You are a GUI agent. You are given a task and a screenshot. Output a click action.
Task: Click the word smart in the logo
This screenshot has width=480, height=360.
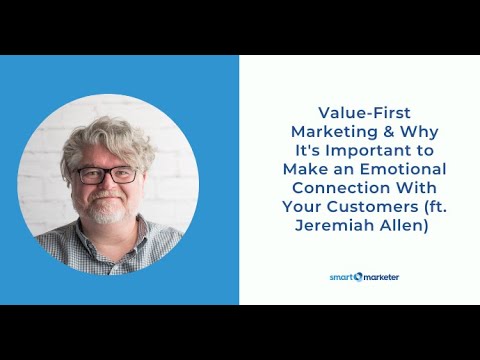click(x=342, y=277)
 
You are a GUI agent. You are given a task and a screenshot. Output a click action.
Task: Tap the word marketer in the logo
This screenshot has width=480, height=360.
click(x=379, y=277)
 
